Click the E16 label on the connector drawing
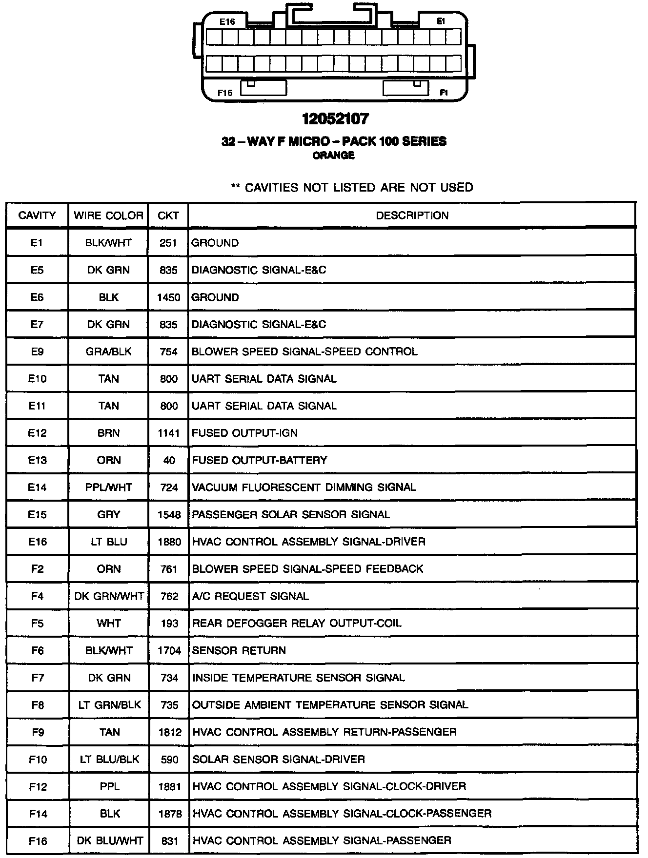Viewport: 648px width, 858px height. [x=227, y=22]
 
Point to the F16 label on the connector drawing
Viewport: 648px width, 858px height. [x=225, y=93]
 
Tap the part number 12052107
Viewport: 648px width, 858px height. [x=335, y=118]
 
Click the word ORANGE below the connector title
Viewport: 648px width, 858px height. [x=334, y=156]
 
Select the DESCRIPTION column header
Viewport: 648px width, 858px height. [x=412, y=215]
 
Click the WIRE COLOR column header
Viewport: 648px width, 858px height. [x=108, y=215]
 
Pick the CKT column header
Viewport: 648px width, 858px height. [x=168, y=215]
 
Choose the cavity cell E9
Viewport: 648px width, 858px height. [x=37, y=351]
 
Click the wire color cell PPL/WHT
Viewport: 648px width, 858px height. [x=108, y=487]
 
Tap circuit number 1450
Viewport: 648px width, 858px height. [x=168, y=297]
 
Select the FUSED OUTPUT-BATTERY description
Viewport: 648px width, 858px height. [x=259, y=460]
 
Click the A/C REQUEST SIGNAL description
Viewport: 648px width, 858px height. [x=250, y=596]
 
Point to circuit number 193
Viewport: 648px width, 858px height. [x=169, y=624]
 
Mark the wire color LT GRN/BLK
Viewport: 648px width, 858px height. [x=109, y=705]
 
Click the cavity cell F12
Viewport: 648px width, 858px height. [x=38, y=786]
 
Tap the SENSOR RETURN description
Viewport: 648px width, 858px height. [x=239, y=650]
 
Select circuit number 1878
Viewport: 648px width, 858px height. [x=169, y=814]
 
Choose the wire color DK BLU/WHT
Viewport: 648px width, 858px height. [x=110, y=841]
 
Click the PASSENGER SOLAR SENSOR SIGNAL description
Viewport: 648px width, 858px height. [x=291, y=515]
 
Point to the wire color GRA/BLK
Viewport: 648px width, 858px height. [x=108, y=351]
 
